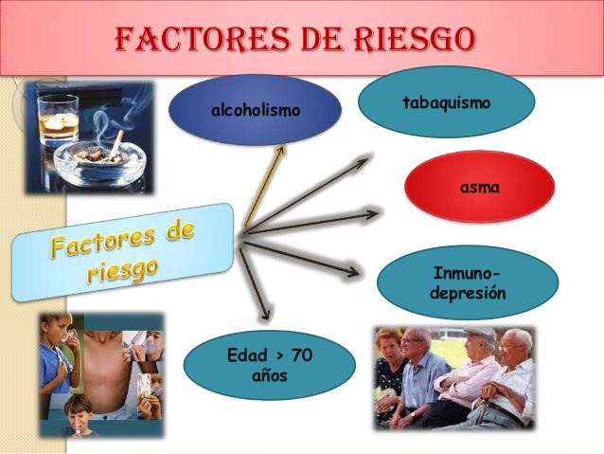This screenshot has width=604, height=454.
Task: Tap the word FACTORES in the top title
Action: (200, 38)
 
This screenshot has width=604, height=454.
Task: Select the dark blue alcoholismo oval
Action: (255, 110)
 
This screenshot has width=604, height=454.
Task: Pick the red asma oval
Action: (479, 187)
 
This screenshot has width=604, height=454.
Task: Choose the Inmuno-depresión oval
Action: (467, 281)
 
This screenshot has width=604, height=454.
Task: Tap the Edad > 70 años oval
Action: (269, 365)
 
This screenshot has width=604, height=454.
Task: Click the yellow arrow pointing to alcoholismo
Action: (262, 186)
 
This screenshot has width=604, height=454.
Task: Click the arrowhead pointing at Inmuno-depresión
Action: (352, 274)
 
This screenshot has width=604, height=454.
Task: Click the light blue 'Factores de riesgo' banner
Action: (123, 251)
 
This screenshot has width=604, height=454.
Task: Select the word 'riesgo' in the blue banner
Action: (123, 268)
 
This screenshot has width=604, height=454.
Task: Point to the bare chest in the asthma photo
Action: (109, 374)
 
